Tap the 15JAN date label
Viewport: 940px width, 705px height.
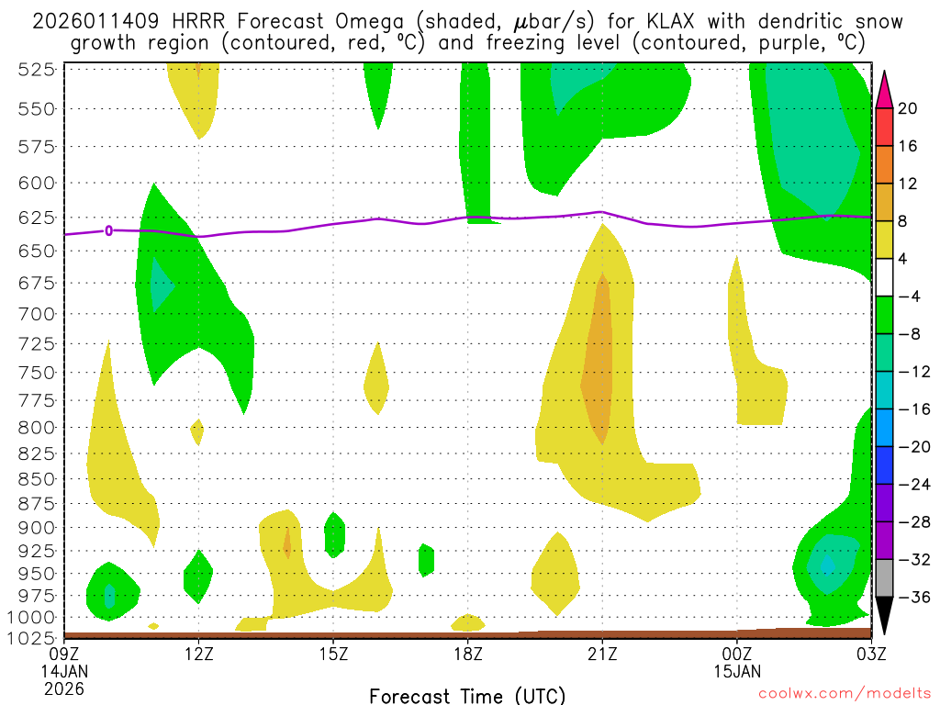coord(737,670)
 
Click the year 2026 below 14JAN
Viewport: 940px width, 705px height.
coord(64,688)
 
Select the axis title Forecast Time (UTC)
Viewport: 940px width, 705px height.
coord(467,695)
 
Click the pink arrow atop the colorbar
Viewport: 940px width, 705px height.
coord(885,87)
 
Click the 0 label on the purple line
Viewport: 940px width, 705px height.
coord(109,230)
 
